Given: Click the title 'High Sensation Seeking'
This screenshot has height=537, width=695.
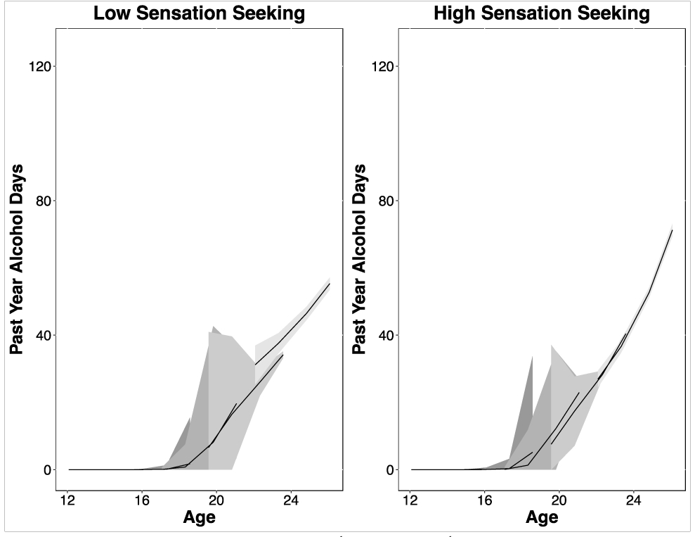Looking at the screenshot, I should (x=542, y=13).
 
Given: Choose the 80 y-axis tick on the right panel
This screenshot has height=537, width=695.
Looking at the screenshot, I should (x=382, y=201).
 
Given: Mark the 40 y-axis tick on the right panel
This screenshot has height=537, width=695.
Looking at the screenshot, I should (x=382, y=335).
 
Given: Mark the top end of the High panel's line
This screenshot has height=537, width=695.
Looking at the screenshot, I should (x=673, y=230).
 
